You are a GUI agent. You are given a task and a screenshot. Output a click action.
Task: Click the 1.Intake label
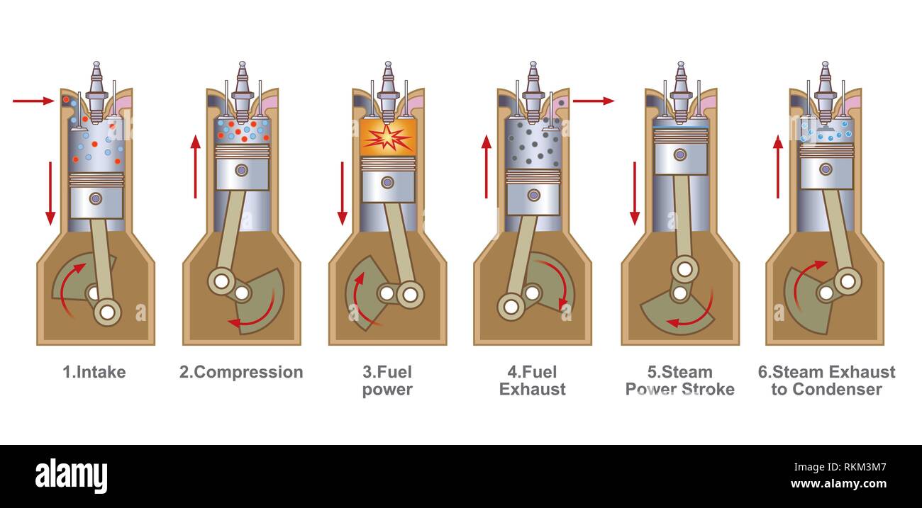[94, 372]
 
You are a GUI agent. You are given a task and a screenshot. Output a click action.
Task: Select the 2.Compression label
[241, 373]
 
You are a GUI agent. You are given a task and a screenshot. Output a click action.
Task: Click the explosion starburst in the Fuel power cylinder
[387, 138]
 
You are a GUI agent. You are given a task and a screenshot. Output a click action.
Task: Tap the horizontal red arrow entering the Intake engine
[33, 101]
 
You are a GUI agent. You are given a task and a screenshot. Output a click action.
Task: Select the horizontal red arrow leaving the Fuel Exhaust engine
[594, 101]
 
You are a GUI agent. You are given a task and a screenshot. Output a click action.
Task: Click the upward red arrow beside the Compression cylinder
[196, 166]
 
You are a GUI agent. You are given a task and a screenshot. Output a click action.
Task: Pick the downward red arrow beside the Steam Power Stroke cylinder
[635, 193]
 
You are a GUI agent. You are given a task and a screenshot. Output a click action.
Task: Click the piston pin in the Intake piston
[96, 198]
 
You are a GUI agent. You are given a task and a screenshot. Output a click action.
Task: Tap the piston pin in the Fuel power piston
[387, 182]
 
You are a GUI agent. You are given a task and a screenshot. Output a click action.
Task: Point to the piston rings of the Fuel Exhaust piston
[533, 176]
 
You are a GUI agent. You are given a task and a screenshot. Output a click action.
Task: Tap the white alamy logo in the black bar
[71, 475]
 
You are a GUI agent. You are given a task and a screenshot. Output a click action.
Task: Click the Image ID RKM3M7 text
[840, 467]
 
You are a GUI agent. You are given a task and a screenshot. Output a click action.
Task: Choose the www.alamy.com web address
[839, 484]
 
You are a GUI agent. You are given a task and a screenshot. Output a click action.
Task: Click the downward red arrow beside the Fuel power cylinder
[342, 193]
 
